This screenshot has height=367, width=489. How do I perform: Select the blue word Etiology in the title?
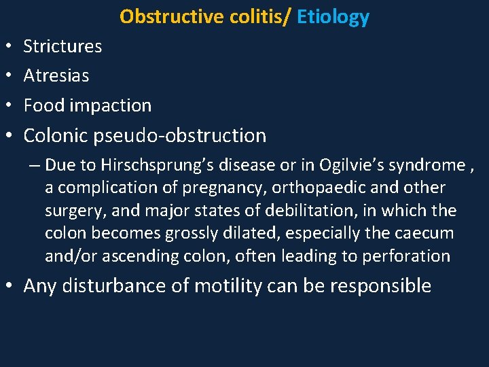pyautogui.click(x=333, y=16)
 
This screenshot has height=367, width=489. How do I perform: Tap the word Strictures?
pyautogui.click(x=62, y=46)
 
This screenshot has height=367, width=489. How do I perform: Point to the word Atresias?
pyautogui.click(x=56, y=75)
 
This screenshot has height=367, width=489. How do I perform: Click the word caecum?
pyautogui.click(x=424, y=233)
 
